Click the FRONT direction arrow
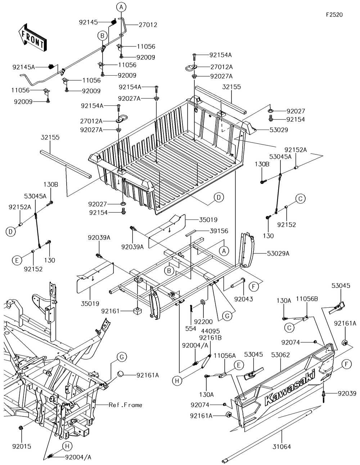click(32, 38)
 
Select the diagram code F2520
click(334, 15)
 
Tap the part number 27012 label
click(148, 25)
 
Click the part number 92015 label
click(22, 446)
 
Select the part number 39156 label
click(219, 231)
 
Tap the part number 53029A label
click(278, 254)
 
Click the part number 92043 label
click(244, 299)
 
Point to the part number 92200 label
click(203, 322)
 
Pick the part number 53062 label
click(280, 355)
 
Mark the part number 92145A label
click(24, 67)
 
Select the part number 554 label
click(191, 329)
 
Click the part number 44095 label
click(211, 331)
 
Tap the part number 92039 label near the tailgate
click(347, 393)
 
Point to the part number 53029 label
click(279, 130)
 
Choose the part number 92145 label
click(89, 22)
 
